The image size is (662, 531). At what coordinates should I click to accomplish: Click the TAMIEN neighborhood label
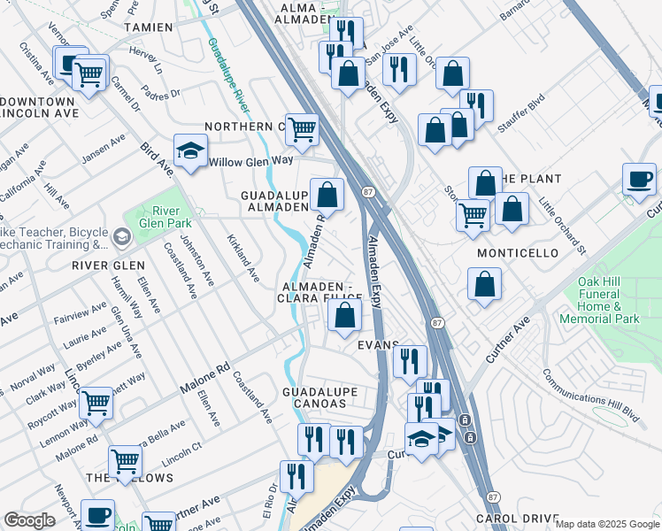[x=148, y=27]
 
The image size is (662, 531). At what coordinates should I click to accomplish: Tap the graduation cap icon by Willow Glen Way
[x=190, y=151]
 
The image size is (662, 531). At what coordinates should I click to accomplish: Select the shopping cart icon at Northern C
[x=302, y=129]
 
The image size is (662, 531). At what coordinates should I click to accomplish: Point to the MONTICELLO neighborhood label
[x=518, y=253]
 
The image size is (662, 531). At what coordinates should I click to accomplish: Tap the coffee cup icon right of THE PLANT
[x=639, y=180]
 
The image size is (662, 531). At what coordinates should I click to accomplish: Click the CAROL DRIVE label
[x=518, y=518]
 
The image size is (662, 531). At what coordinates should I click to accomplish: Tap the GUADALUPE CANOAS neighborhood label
[x=319, y=397]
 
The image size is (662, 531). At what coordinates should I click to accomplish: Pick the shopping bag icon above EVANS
[x=347, y=314]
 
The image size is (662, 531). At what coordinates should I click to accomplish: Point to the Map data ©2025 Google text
[x=606, y=524]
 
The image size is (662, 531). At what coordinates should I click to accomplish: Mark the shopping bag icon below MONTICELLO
[x=485, y=285]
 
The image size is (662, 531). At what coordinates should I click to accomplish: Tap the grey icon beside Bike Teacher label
[x=122, y=236]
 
